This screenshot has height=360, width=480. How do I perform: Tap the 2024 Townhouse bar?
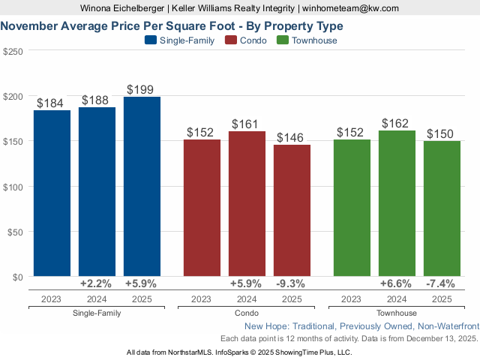tap(397, 203)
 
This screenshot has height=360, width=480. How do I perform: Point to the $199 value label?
tap(142, 89)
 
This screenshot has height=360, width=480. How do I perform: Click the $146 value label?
tap(292, 137)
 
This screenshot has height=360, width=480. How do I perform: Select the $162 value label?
tap(397, 123)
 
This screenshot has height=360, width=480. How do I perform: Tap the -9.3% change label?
tap(292, 284)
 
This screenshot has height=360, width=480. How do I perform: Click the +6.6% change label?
tap(397, 284)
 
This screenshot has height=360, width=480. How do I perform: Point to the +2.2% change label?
tap(97, 284)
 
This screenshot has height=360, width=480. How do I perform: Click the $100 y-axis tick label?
tap(13, 186)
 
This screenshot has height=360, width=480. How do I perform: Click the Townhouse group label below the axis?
tap(397, 313)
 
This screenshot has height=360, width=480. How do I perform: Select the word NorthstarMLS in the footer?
tap(184, 352)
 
